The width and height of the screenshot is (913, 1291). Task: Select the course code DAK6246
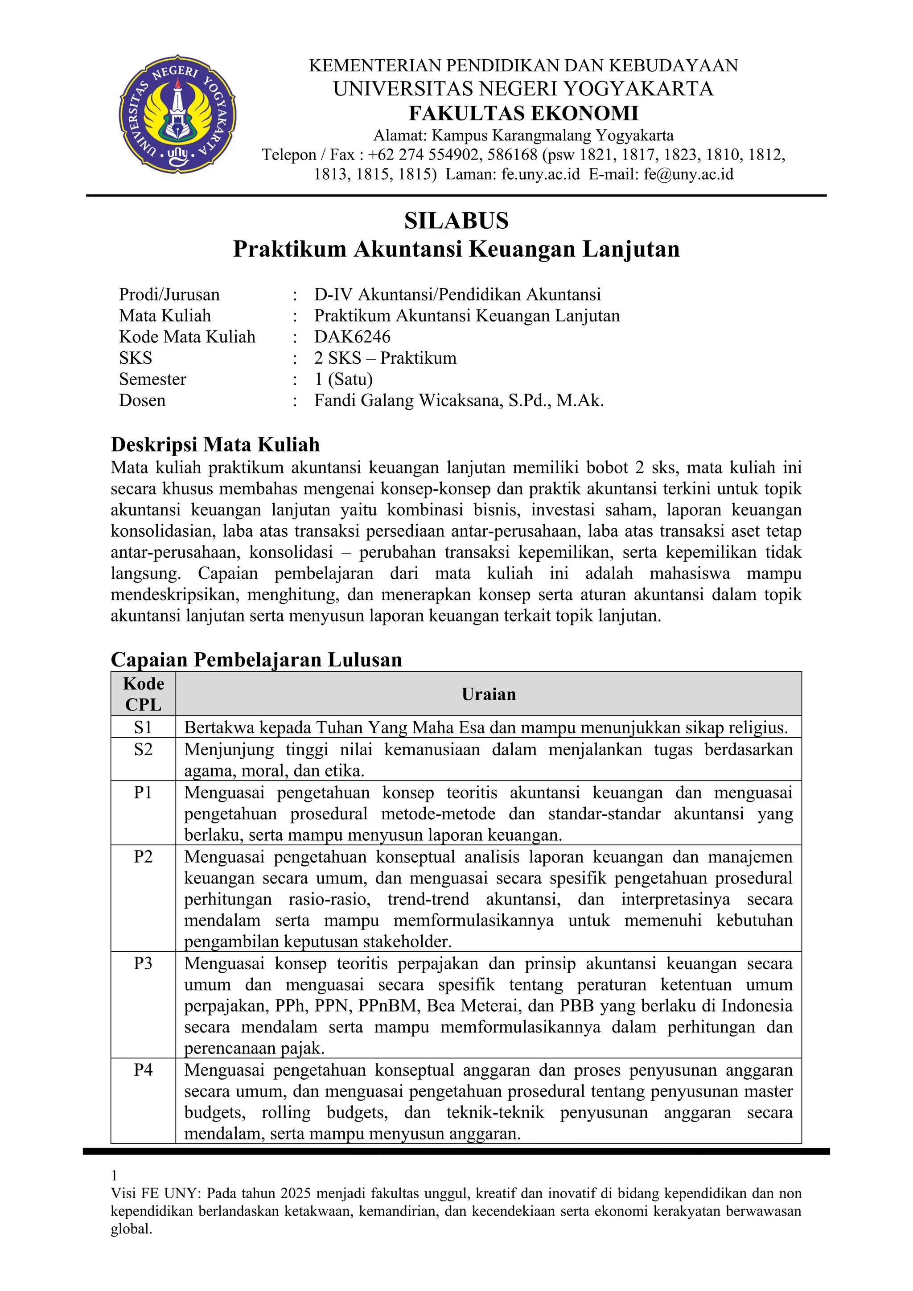(352, 337)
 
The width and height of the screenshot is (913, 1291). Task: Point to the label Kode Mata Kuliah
(187, 337)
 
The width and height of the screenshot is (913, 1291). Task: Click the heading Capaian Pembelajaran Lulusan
(256, 660)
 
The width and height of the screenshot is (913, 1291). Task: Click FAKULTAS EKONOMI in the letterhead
(523, 113)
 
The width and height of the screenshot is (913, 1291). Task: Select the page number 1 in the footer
(114, 1175)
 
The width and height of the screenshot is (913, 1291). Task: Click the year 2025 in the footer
(296, 1193)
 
